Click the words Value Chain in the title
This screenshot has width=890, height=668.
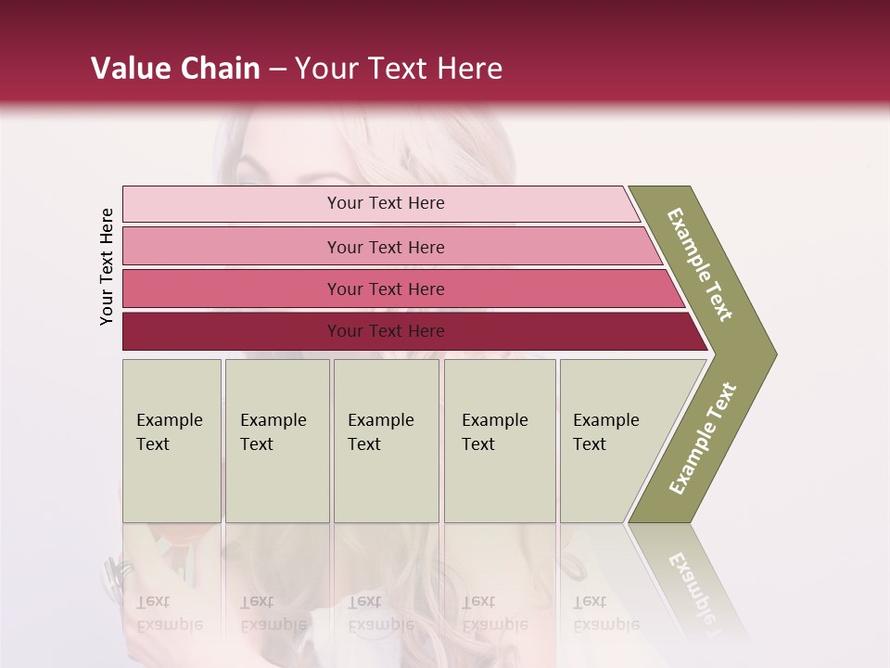tap(175, 69)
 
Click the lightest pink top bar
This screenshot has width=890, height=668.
tap(232, 204)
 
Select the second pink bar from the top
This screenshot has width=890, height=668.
tap(232, 247)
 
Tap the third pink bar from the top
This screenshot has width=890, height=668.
tap(232, 289)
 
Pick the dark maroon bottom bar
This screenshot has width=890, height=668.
tap(232, 331)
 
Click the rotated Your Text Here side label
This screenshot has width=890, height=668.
tap(107, 266)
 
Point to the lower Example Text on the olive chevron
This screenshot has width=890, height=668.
tap(703, 439)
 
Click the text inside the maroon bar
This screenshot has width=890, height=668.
tap(386, 331)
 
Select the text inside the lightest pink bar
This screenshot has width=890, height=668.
tap(386, 203)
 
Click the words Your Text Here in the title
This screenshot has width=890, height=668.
tap(399, 69)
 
